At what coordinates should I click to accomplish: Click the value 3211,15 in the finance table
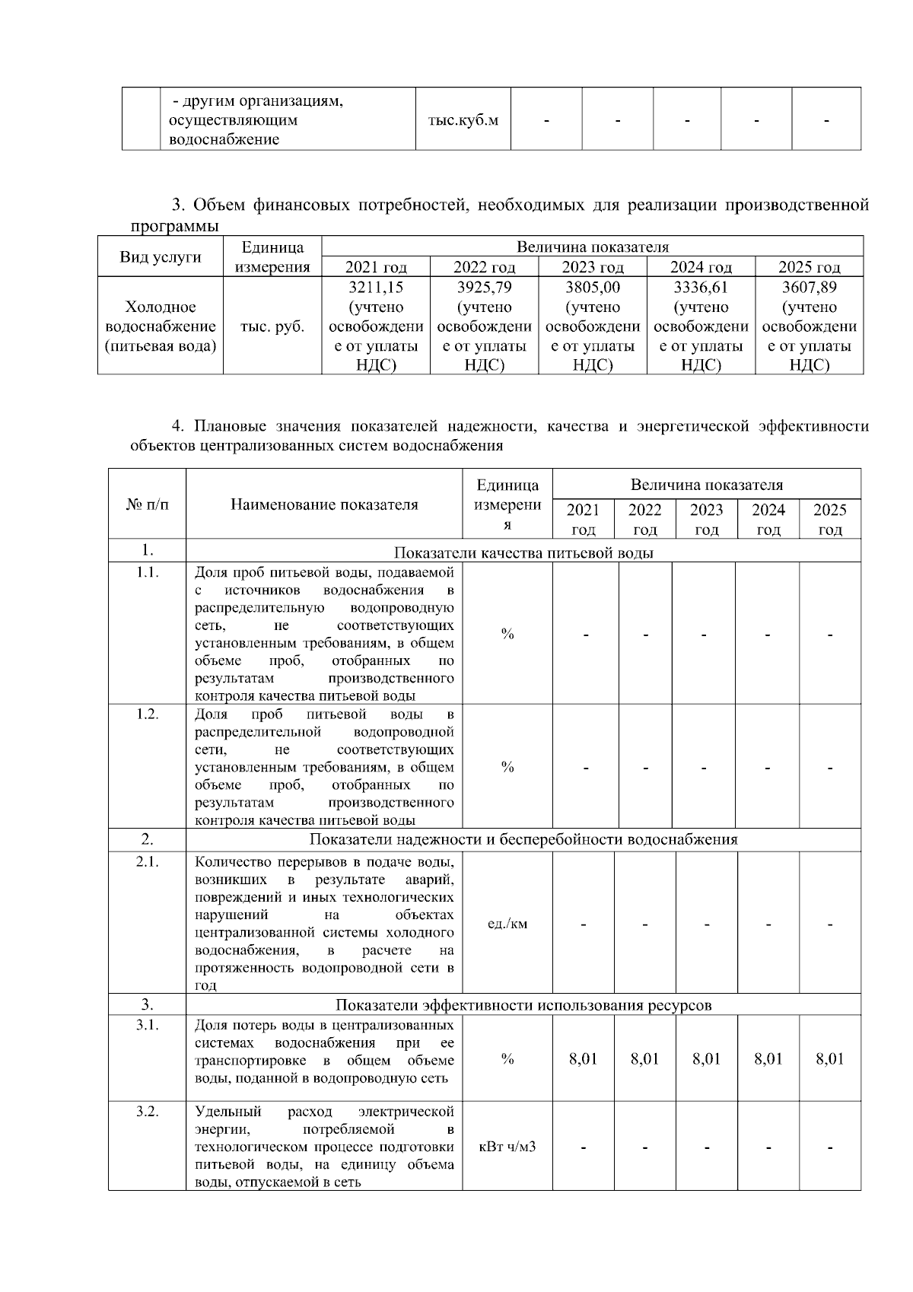click(376, 288)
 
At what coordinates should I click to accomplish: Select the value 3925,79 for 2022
click(484, 288)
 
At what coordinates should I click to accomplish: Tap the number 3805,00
click(593, 288)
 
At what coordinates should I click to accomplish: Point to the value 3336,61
click(701, 288)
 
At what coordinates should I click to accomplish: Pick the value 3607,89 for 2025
click(809, 288)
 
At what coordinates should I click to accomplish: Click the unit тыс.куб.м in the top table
click(463, 120)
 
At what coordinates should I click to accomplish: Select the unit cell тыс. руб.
click(272, 326)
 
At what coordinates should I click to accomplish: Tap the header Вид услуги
click(161, 256)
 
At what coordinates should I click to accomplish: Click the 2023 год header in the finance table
click(593, 267)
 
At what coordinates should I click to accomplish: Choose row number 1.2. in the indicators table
click(147, 714)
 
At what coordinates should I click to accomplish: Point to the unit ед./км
click(507, 924)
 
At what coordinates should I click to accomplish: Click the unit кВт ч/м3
click(507, 1146)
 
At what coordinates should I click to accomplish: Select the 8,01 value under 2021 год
click(584, 1059)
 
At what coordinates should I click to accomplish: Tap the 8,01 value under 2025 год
click(830, 1059)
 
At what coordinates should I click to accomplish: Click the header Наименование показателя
click(324, 504)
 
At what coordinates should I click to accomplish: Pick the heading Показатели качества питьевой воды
click(523, 552)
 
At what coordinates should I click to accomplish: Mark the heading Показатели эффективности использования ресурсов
click(523, 1005)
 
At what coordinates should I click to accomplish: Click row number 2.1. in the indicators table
click(147, 861)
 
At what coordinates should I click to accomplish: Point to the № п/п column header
click(147, 504)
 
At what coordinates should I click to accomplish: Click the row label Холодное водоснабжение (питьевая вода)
click(161, 326)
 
